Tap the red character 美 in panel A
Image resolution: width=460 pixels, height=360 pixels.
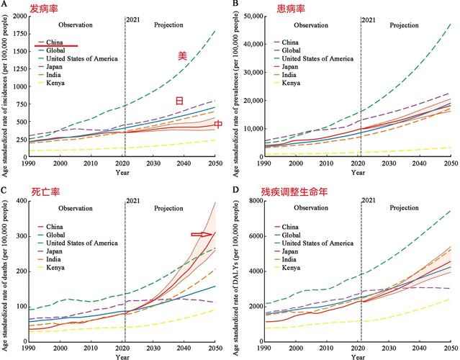click(182, 56)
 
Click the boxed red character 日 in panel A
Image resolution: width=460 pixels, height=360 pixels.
click(180, 102)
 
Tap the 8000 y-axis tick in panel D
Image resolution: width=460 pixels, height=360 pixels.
click(261, 201)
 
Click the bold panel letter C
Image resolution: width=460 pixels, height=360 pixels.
click(6, 190)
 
